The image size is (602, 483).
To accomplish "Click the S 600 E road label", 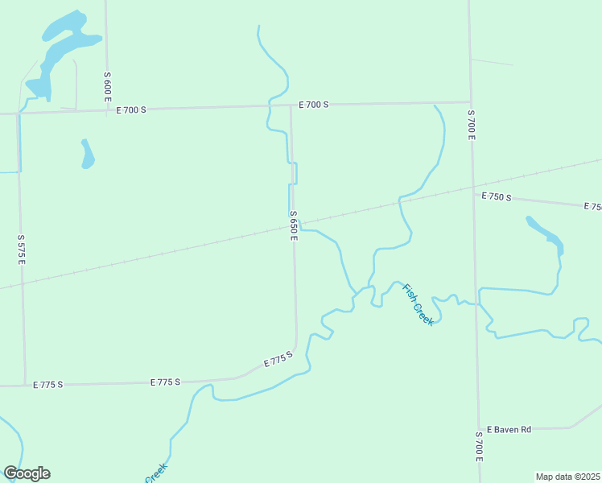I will (107, 85).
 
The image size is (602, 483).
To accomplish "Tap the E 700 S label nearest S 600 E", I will (131, 109).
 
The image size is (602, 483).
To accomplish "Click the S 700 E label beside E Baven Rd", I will (479, 445).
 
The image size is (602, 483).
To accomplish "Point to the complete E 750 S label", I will (497, 196).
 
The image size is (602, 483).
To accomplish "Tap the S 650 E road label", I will (295, 225).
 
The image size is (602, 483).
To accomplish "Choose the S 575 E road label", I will (22, 250).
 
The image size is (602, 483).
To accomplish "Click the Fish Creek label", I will (419, 304).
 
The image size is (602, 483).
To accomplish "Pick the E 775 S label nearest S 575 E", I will (48, 385).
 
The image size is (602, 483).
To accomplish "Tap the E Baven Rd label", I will (509, 429).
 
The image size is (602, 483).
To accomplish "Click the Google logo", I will (27, 473).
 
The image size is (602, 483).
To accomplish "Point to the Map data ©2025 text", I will (568, 477).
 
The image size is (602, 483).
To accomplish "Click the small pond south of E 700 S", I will (87, 154).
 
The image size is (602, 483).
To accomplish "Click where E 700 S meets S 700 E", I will (470, 102).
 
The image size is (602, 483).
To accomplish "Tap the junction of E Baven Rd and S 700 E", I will (477, 428).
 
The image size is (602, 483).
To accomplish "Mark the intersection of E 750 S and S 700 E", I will (472, 191).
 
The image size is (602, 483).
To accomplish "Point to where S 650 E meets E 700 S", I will (291, 105).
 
